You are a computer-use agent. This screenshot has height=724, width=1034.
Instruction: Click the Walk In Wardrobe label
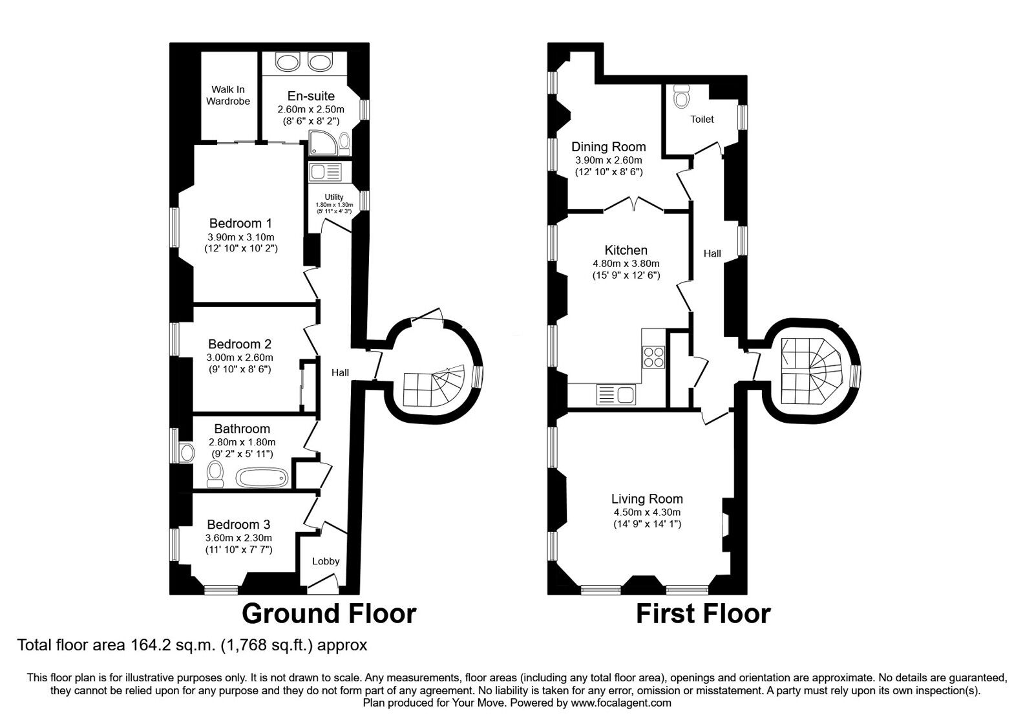(228, 95)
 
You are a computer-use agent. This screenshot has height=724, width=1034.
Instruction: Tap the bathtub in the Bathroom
(262, 478)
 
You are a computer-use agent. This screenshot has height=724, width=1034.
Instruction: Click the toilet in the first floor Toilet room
(681, 96)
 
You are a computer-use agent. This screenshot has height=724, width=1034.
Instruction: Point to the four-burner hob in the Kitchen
(653, 357)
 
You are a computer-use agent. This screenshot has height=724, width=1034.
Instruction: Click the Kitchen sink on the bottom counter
(616, 395)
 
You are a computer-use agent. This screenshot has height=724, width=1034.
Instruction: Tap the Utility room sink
(326, 172)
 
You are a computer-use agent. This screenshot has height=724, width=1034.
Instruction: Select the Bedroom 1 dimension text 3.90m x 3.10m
(241, 237)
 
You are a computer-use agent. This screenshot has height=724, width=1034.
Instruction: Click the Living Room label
(647, 498)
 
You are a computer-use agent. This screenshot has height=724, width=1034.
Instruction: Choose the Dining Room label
(608, 147)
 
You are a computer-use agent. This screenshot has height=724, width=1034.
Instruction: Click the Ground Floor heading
(329, 613)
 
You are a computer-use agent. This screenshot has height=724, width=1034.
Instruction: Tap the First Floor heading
(703, 613)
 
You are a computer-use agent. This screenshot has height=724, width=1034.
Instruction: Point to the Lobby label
(326, 561)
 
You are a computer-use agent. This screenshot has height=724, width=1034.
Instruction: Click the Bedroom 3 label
(238, 524)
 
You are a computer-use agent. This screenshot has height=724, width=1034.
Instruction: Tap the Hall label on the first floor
(712, 253)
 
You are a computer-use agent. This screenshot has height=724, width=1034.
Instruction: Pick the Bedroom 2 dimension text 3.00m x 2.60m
(240, 357)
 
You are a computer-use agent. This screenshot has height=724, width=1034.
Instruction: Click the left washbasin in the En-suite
(287, 61)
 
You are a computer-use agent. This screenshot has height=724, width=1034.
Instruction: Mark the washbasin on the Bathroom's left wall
(187, 453)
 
